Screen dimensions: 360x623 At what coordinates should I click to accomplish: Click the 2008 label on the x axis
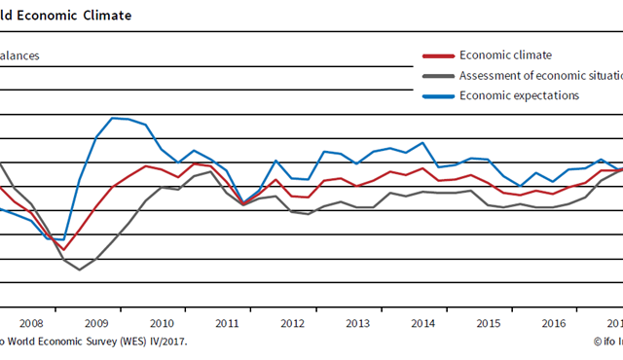[30, 323]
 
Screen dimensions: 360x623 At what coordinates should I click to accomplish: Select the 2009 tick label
[95, 323]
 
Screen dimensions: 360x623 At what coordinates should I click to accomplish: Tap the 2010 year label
[162, 323]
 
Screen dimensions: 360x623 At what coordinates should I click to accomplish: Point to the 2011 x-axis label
[227, 323]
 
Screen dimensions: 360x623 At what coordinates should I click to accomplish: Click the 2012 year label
[293, 323]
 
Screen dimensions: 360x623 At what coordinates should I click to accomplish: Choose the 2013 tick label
[358, 323]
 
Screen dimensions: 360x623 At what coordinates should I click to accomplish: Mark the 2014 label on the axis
[423, 323]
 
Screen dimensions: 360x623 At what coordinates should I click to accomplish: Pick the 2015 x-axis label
[489, 323]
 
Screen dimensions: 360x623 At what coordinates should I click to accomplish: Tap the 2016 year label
[554, 323]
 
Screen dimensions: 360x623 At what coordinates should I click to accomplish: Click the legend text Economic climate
[505, 55]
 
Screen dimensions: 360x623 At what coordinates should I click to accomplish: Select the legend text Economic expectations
[519, 95]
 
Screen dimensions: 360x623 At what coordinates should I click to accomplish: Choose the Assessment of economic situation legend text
[540, 76]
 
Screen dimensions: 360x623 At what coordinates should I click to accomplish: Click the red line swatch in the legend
[437, 56]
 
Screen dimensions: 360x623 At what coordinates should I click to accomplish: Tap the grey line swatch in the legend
[437, 76]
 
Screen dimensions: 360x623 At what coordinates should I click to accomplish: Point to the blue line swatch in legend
[437, 95]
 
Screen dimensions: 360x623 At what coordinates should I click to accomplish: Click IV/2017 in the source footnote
[167, 342]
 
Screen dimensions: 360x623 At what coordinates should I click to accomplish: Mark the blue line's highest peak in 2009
[113, 118]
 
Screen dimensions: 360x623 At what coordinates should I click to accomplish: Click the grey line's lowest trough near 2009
[79, 269]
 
